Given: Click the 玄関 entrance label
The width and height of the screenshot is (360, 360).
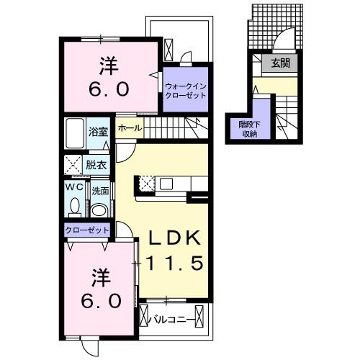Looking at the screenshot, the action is click(x=280, y=63).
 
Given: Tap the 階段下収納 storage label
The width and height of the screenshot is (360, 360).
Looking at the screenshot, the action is click(x=250, y=130).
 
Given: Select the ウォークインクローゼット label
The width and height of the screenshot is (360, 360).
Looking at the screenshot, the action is click(x=186, y=91).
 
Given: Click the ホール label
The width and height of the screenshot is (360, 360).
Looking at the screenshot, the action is click(x=130, y=128).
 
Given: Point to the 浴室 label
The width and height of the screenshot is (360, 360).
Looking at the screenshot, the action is click(x=98, y=132).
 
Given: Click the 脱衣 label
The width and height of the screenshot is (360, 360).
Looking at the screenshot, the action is click(x=96, y=165).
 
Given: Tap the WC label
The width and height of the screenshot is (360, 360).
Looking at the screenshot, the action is click(x=75, y=187).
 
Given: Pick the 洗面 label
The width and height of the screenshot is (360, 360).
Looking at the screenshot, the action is click(x=100, y=191).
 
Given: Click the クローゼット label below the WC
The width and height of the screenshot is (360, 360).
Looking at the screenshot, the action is click(x=87, y=230).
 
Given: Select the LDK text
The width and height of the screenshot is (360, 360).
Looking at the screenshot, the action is click(x=174, y=238).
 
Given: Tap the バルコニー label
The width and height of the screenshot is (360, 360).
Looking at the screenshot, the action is click(x=171, y=320).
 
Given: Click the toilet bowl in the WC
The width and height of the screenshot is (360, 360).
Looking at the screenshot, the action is click(x=75, y=206).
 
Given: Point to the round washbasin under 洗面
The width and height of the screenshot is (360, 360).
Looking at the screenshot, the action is click(x=100, y=210).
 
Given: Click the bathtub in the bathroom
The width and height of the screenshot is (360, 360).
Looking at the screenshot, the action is click(x=75, y=133).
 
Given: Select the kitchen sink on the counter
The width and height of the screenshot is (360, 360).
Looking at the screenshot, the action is click(x=166, y=184).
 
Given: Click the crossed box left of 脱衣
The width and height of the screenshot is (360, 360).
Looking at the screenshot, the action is click(x=73, y=165).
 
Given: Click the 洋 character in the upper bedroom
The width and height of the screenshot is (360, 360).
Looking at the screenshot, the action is click(x=109, y=66).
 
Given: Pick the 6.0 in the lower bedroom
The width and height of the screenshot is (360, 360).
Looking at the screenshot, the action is click(x=101, y=301).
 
